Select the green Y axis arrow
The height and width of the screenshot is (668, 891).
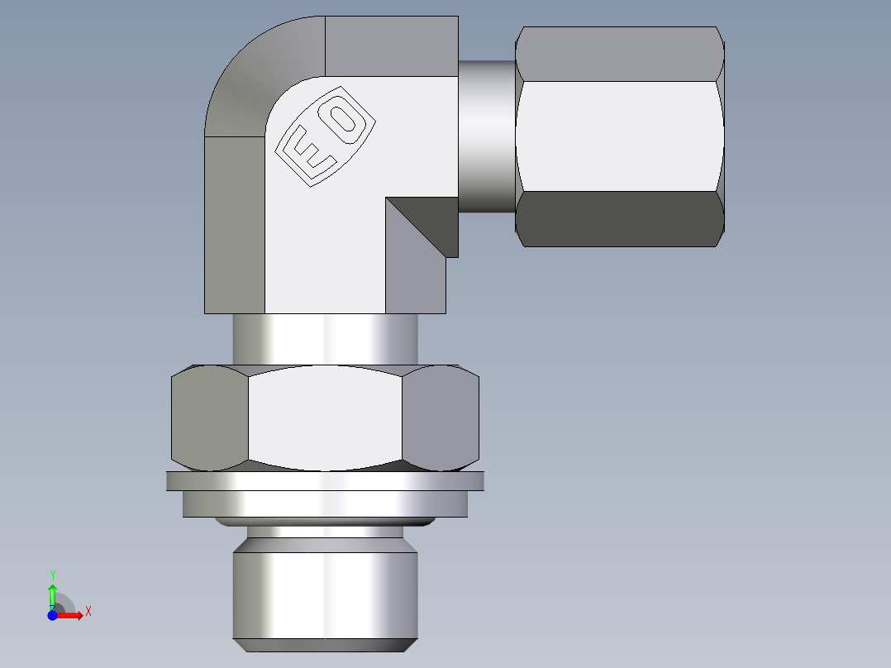point(52,594)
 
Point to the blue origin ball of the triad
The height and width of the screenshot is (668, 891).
point(52,614)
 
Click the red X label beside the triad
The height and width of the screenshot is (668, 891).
point(88,612)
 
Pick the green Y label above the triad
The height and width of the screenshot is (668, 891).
point(52,574)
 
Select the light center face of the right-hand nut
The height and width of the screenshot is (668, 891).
point(620,136)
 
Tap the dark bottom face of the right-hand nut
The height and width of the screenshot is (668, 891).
point(620,219)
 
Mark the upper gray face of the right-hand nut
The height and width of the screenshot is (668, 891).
point(620,54)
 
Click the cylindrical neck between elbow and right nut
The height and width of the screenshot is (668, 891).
point(487,136)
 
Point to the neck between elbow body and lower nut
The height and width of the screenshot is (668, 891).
point(325,339)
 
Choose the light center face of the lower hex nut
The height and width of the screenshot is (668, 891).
point(325,417)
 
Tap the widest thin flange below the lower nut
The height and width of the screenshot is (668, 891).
point(325,480)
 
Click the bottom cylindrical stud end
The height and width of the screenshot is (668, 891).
point(325,595)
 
